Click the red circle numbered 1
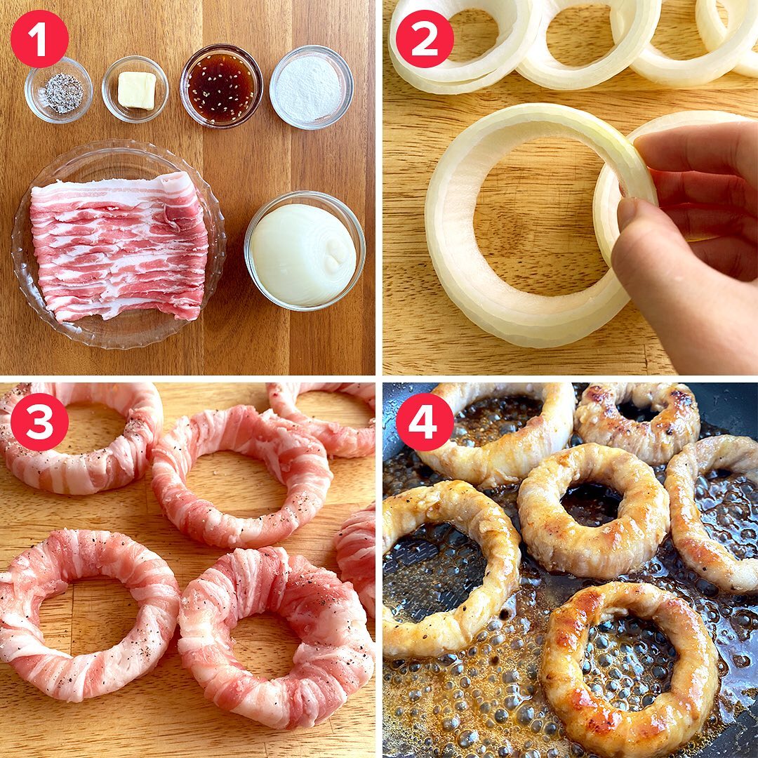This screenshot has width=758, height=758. coord(39,39)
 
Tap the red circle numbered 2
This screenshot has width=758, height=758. coord(425,39)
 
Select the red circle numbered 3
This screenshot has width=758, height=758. coord(39,422)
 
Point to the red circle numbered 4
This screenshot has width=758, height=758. coord(425,422)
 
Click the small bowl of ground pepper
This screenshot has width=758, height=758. coord(58,91)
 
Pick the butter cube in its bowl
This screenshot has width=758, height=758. coord(136,89)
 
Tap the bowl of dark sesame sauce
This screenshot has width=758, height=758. coord(221,86)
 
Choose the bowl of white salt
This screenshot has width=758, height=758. coord(311,87)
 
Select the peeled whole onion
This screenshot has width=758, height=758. coord(304,255)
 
